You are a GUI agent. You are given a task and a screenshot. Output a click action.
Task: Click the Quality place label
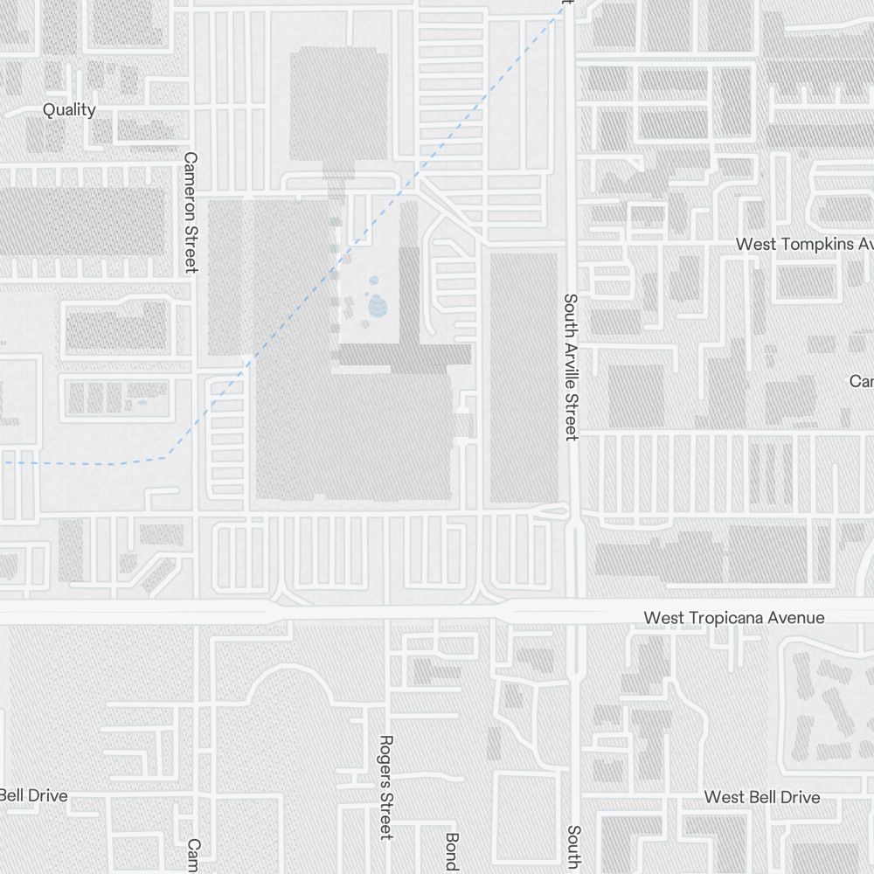70,110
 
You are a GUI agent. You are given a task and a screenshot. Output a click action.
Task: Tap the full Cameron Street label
191,212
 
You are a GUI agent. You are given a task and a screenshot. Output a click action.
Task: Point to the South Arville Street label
571,366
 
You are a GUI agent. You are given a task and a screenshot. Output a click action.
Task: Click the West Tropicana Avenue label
733,618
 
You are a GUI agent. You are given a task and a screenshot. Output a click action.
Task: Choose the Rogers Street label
386,787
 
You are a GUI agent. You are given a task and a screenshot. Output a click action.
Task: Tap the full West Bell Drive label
762,797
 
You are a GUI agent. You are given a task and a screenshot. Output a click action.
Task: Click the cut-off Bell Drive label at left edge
33,796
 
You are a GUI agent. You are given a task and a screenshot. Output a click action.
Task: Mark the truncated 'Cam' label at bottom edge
194,856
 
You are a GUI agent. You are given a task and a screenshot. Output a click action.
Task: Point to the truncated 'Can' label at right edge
861,382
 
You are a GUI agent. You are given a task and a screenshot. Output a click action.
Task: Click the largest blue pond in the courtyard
378,306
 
